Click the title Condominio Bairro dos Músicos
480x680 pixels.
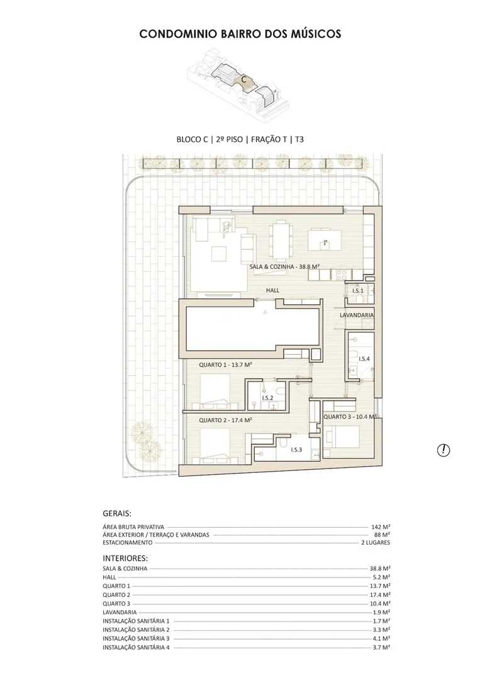click(240, 34)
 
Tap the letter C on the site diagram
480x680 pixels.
click(244, 80)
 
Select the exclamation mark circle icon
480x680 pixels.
click(443, 450)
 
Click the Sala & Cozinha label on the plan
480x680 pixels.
click(284, 266)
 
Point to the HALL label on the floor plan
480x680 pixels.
click(272, 290)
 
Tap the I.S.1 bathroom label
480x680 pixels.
click(358, 290)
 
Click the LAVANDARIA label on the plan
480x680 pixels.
click(357, 315)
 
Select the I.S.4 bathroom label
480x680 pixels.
click(364, 359)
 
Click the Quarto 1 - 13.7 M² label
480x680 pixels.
click(226, 365)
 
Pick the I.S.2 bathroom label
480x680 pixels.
click(267, 398)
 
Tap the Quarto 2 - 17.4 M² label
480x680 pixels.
click(226, 420)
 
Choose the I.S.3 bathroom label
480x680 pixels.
click(296, 450)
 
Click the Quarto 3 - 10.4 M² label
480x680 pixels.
click(350, 416)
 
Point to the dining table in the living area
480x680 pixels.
click(279, 239)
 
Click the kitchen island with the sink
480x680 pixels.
click(324, 240)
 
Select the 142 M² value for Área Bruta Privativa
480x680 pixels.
click(381, 527)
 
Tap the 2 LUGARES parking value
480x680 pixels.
click(376, 543)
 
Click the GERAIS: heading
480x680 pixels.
click(117, 514)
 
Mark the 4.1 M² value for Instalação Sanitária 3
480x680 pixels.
click(381, 638)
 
